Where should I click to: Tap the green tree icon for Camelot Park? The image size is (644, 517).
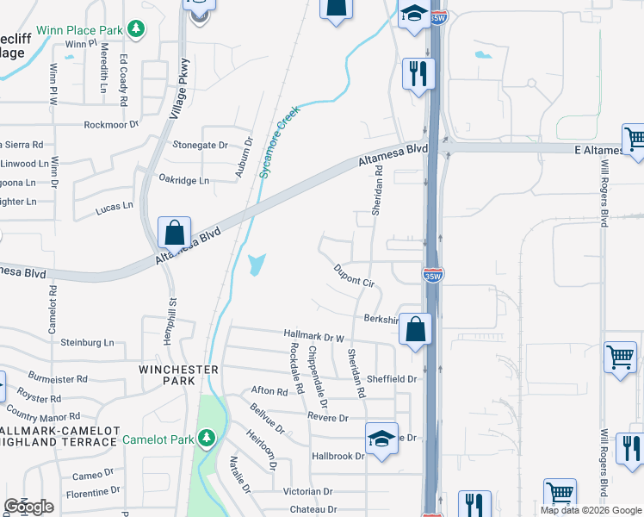(x=207, y=439)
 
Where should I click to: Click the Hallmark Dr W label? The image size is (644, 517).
(x=314, y=334)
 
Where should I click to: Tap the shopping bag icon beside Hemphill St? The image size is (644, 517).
(x=174, y=232)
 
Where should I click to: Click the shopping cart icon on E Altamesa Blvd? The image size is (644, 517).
(x=635, y=139)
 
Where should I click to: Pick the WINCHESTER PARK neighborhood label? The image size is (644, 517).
(x=179, y=375)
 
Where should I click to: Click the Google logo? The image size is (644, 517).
(x=29, y=507)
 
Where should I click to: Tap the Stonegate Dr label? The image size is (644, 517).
(x=200, y=146)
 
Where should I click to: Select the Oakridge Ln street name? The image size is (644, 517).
(x=183, y=181)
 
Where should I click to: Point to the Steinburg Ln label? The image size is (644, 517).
(x=87, y=342)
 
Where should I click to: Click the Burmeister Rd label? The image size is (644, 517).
(x=58, y=378)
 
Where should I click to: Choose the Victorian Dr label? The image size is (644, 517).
(x=307, y=491)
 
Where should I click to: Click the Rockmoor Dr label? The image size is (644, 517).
(x=111, y=125)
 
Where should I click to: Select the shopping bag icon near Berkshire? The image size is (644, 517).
(x=415, y=329)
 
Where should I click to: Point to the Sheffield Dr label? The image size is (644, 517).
(x=393, y=378)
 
